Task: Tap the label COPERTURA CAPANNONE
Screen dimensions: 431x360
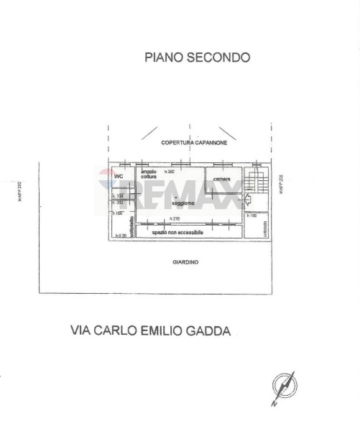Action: click(195, 144)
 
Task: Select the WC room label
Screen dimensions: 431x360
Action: click(119, 176)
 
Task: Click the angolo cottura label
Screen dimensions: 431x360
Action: click(149, 175)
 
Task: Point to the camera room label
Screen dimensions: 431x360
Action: click(221, 178)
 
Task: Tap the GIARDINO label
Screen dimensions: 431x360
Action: click(185, 262)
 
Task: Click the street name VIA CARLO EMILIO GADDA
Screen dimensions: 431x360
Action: click(151, 331)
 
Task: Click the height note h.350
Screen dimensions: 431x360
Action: click(170, 172)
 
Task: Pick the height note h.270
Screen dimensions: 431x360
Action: click(173, 218)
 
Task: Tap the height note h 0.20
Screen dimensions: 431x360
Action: click(119, 236)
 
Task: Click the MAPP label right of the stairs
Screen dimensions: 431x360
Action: click(280, 185)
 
